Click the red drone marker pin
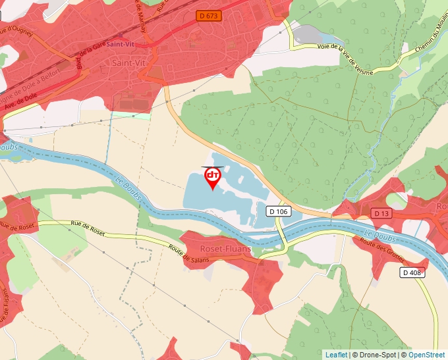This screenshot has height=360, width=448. pyautogui.click(x=212, y=178)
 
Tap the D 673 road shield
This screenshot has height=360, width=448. pyautogui.click(x=208, y=14)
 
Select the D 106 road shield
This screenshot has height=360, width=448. pyautogui.click(x=279, y=211)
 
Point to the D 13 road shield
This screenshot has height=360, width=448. pyautogui.click(x=381, y=213)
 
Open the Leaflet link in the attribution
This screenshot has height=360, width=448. pyautogui.click(x=336, y=355)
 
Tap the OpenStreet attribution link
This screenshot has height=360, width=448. pyautogui.click(x=428, y=355)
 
